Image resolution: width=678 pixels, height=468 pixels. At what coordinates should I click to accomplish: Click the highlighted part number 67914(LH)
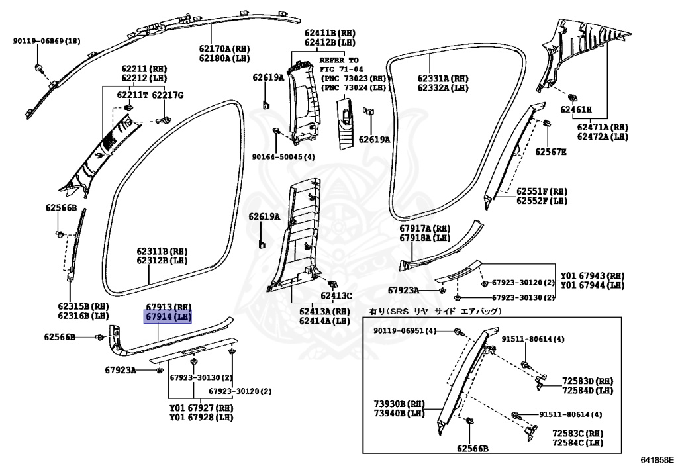click(168, 318)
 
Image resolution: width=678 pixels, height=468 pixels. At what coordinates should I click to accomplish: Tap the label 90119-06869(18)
click(46, 41)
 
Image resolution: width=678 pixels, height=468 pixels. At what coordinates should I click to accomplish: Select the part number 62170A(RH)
click(224, 48)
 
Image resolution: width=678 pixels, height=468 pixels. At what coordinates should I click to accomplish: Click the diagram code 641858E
click(656, 459)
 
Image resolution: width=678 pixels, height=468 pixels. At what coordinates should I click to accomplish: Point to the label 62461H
click(575, 109)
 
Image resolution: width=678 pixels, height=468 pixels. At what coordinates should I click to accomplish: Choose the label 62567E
click(551, 152)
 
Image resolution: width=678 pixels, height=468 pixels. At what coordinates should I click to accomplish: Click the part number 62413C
click(336, 296)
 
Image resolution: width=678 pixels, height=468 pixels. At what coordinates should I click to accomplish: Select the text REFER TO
click(344, 60)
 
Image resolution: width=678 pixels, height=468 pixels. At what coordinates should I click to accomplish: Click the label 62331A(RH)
click(442, 78)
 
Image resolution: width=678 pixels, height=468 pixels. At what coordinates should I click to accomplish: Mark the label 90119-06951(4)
click(405, 330)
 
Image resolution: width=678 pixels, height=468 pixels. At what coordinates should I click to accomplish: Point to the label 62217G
click(168, 95)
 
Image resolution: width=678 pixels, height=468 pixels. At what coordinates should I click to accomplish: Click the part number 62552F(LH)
click(542, 200)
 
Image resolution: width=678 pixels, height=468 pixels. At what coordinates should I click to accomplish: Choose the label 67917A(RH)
click(424, 228)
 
